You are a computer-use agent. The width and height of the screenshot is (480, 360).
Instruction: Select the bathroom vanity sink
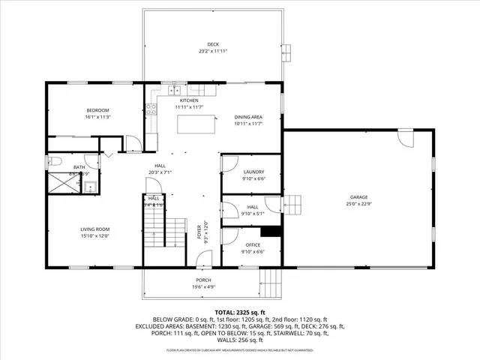90,187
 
